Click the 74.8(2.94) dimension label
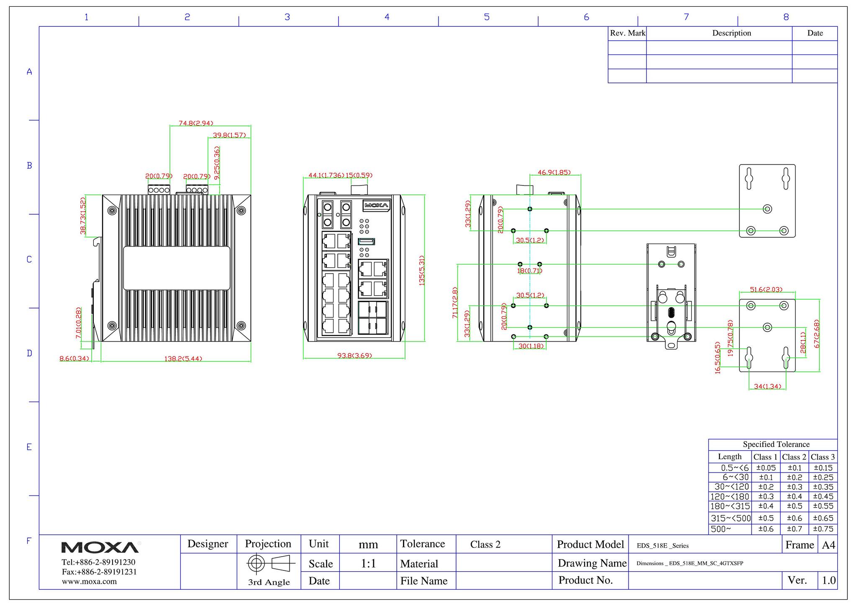pos(196,123)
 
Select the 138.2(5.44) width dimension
pos(183,359)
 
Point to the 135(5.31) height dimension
pos(422,271)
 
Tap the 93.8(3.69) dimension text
pos(354,356)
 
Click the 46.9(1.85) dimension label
pos(554,172)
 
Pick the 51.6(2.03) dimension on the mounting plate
pos(766,289)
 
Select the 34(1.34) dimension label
pos(767,386)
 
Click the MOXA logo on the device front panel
pos(377,205)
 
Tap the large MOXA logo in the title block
pos(100,547)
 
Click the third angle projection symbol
pos(271,563)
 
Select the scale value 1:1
pos(368,563)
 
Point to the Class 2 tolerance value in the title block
pos(485,544)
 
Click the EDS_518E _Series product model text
pos(662,546)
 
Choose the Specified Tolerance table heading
pos(776,444)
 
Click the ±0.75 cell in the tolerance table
pos(823,529)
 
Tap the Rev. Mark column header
pos(627,33)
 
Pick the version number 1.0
pos(829,580)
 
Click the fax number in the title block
pos(99,572)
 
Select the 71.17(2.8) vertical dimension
pos(455,303)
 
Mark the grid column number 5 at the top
pos(487,17)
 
